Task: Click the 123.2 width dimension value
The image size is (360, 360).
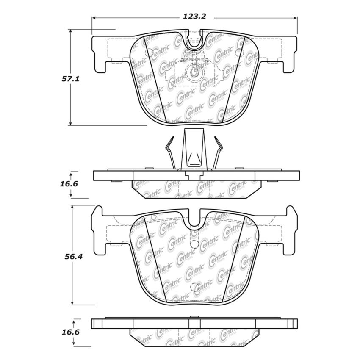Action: [x=194, y=17]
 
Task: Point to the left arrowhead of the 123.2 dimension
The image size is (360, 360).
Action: [x=94, y=18]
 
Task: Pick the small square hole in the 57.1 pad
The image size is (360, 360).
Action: [x=194, y=72]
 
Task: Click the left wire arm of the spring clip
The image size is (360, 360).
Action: [x=170, y=152]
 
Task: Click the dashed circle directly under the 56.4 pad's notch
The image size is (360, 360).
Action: [x=194, y=244]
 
